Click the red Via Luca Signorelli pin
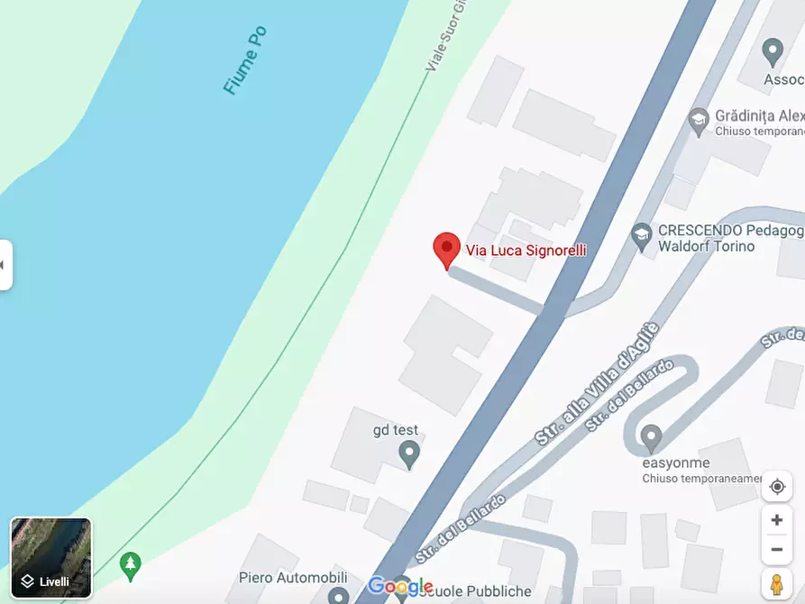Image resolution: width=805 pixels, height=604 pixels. point(446,249)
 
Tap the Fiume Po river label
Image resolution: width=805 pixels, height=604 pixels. point(244,60)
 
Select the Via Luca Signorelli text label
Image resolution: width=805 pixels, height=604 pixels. point(526,250)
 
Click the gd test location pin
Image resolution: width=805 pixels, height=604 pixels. point(409,454)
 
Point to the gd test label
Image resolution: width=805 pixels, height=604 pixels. point(396,430)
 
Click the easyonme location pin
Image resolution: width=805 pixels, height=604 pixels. point(651,439)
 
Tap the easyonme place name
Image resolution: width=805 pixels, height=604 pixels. point(676,463)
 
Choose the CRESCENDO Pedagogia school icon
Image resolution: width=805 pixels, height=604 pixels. point(642,236)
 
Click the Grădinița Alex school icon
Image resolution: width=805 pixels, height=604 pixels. point(698,121)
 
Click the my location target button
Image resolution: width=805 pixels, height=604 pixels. point(776,487)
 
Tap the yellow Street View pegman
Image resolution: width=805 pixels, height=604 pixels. point(776,584)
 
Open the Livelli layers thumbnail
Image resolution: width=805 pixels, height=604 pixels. point(51,558)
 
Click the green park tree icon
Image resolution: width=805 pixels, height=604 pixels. point(131,565)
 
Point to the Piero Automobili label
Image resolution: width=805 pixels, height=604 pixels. point(293,577)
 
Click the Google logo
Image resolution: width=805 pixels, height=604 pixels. point(400,587)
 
